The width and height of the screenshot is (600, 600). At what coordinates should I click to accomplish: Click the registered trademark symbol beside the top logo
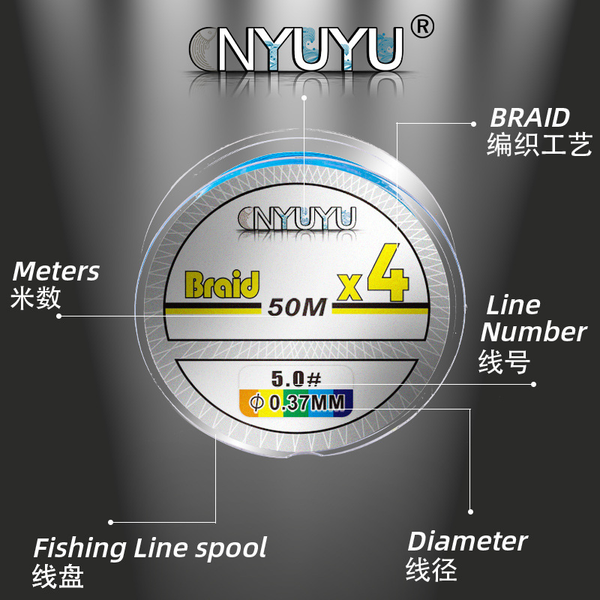coord(424,27)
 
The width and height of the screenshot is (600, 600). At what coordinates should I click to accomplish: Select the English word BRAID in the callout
coord(529,118)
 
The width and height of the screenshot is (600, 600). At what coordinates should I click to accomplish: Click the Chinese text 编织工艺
coord(539,144)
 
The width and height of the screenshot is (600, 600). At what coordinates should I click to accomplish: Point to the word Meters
coord(56,271)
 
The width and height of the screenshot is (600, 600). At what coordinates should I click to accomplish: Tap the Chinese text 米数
coord(37,298)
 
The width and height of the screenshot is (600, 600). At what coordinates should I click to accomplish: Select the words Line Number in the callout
coord(533,318)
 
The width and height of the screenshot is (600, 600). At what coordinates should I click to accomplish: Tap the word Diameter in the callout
coord(467,541)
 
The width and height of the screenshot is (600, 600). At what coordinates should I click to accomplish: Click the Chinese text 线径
coord(431,569)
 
